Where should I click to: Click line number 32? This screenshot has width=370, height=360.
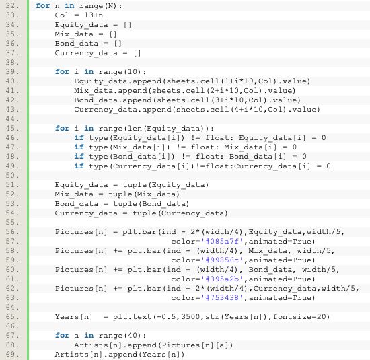coord(12,5)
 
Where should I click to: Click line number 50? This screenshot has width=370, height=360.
coord(12,175)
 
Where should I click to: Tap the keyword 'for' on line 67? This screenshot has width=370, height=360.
coord(63,336)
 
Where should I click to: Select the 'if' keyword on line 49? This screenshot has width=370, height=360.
coord(79,166)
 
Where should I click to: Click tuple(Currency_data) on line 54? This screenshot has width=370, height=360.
coord(180,213)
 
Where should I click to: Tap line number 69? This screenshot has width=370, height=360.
coord(12,355)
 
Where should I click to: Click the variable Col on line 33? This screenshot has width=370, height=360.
coord(62,15)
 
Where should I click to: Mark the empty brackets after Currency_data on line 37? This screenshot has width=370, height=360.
coord(137,53)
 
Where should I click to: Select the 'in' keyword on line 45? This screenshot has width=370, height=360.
coord(89,128)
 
